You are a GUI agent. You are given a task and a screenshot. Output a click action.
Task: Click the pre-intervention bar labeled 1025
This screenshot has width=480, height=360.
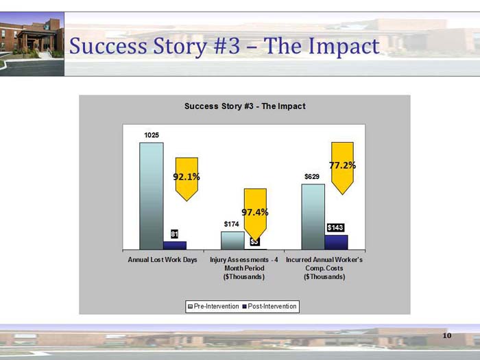click(152, 196)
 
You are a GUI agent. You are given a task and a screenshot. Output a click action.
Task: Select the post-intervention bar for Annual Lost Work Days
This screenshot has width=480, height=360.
click(175, 245)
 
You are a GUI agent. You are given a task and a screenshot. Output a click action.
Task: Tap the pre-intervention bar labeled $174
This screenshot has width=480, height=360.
click(232, 240)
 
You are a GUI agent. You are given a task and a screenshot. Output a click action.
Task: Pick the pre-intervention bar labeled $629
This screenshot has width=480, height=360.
click(313, 216)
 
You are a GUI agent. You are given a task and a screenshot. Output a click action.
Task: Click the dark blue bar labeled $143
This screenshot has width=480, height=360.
click(336, 242)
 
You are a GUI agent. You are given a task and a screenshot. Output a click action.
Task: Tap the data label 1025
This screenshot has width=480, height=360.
click(152, 135)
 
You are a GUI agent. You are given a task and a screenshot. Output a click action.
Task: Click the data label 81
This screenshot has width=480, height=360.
click(175, 235)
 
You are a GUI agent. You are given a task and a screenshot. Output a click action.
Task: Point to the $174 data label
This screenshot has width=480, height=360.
click(232, 224)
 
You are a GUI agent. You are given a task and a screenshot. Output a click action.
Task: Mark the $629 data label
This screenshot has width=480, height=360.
click(312, 177)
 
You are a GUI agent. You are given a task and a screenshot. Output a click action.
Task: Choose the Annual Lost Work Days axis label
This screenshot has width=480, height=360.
click(163, 261)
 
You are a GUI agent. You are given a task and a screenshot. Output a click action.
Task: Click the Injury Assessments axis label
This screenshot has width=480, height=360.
click(243, 269)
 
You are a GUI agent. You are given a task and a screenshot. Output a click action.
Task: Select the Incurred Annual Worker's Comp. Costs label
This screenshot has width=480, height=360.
click(324, 269)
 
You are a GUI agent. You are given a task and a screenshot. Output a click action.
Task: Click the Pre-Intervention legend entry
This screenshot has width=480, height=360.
click(213, 306)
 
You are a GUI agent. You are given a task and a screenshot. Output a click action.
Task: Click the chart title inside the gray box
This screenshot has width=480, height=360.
click(245, 106)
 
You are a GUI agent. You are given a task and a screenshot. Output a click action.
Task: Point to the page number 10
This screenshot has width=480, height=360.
click(447, 335)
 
